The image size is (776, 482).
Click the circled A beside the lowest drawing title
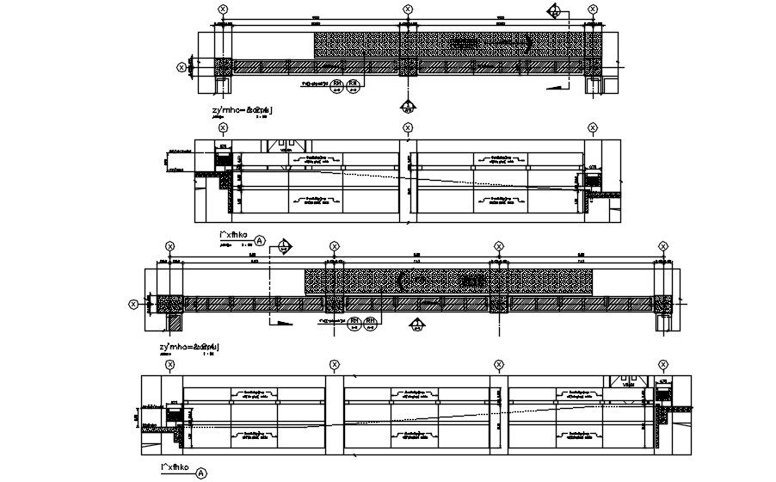tap(201, 473)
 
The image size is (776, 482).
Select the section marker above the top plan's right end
tap(555, 11)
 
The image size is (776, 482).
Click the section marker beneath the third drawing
tap(417, 324)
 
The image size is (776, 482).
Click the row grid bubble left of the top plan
tap(182, 66)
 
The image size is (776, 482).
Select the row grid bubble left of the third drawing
tap(133, 303)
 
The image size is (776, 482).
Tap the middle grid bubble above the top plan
tap(407, 9)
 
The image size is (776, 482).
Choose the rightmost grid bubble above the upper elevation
tap(592, 127)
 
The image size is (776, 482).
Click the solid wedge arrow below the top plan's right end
tap(559, 86)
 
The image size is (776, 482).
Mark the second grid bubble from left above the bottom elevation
tap(332, 365)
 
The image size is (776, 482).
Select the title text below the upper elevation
tap(234, 234)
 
